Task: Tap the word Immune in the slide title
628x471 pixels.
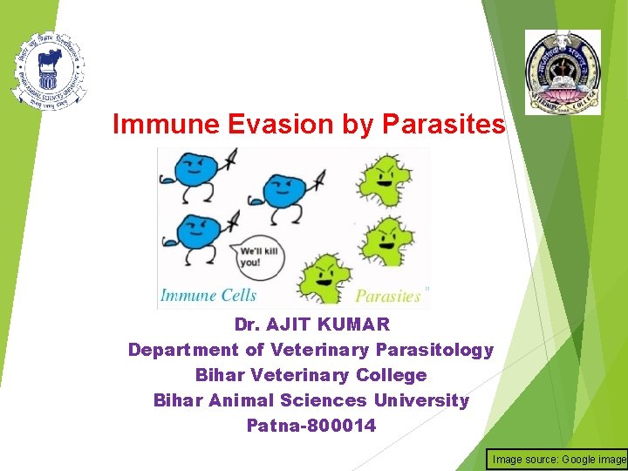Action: click(166, 125)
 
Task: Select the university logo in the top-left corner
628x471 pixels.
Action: click(49, 70)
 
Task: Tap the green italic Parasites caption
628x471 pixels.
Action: click(387, 296)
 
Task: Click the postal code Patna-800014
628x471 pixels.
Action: click(311, 426)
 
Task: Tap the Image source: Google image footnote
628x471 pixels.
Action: click(558, 459)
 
